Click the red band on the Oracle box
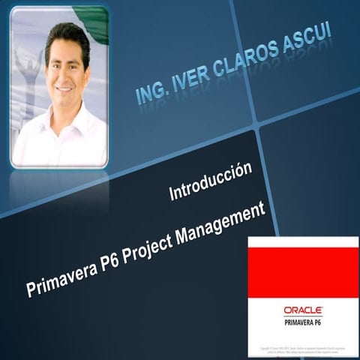[x=303, y=272]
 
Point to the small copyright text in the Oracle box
[x=303, y=350]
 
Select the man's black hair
[x=67, y=34]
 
